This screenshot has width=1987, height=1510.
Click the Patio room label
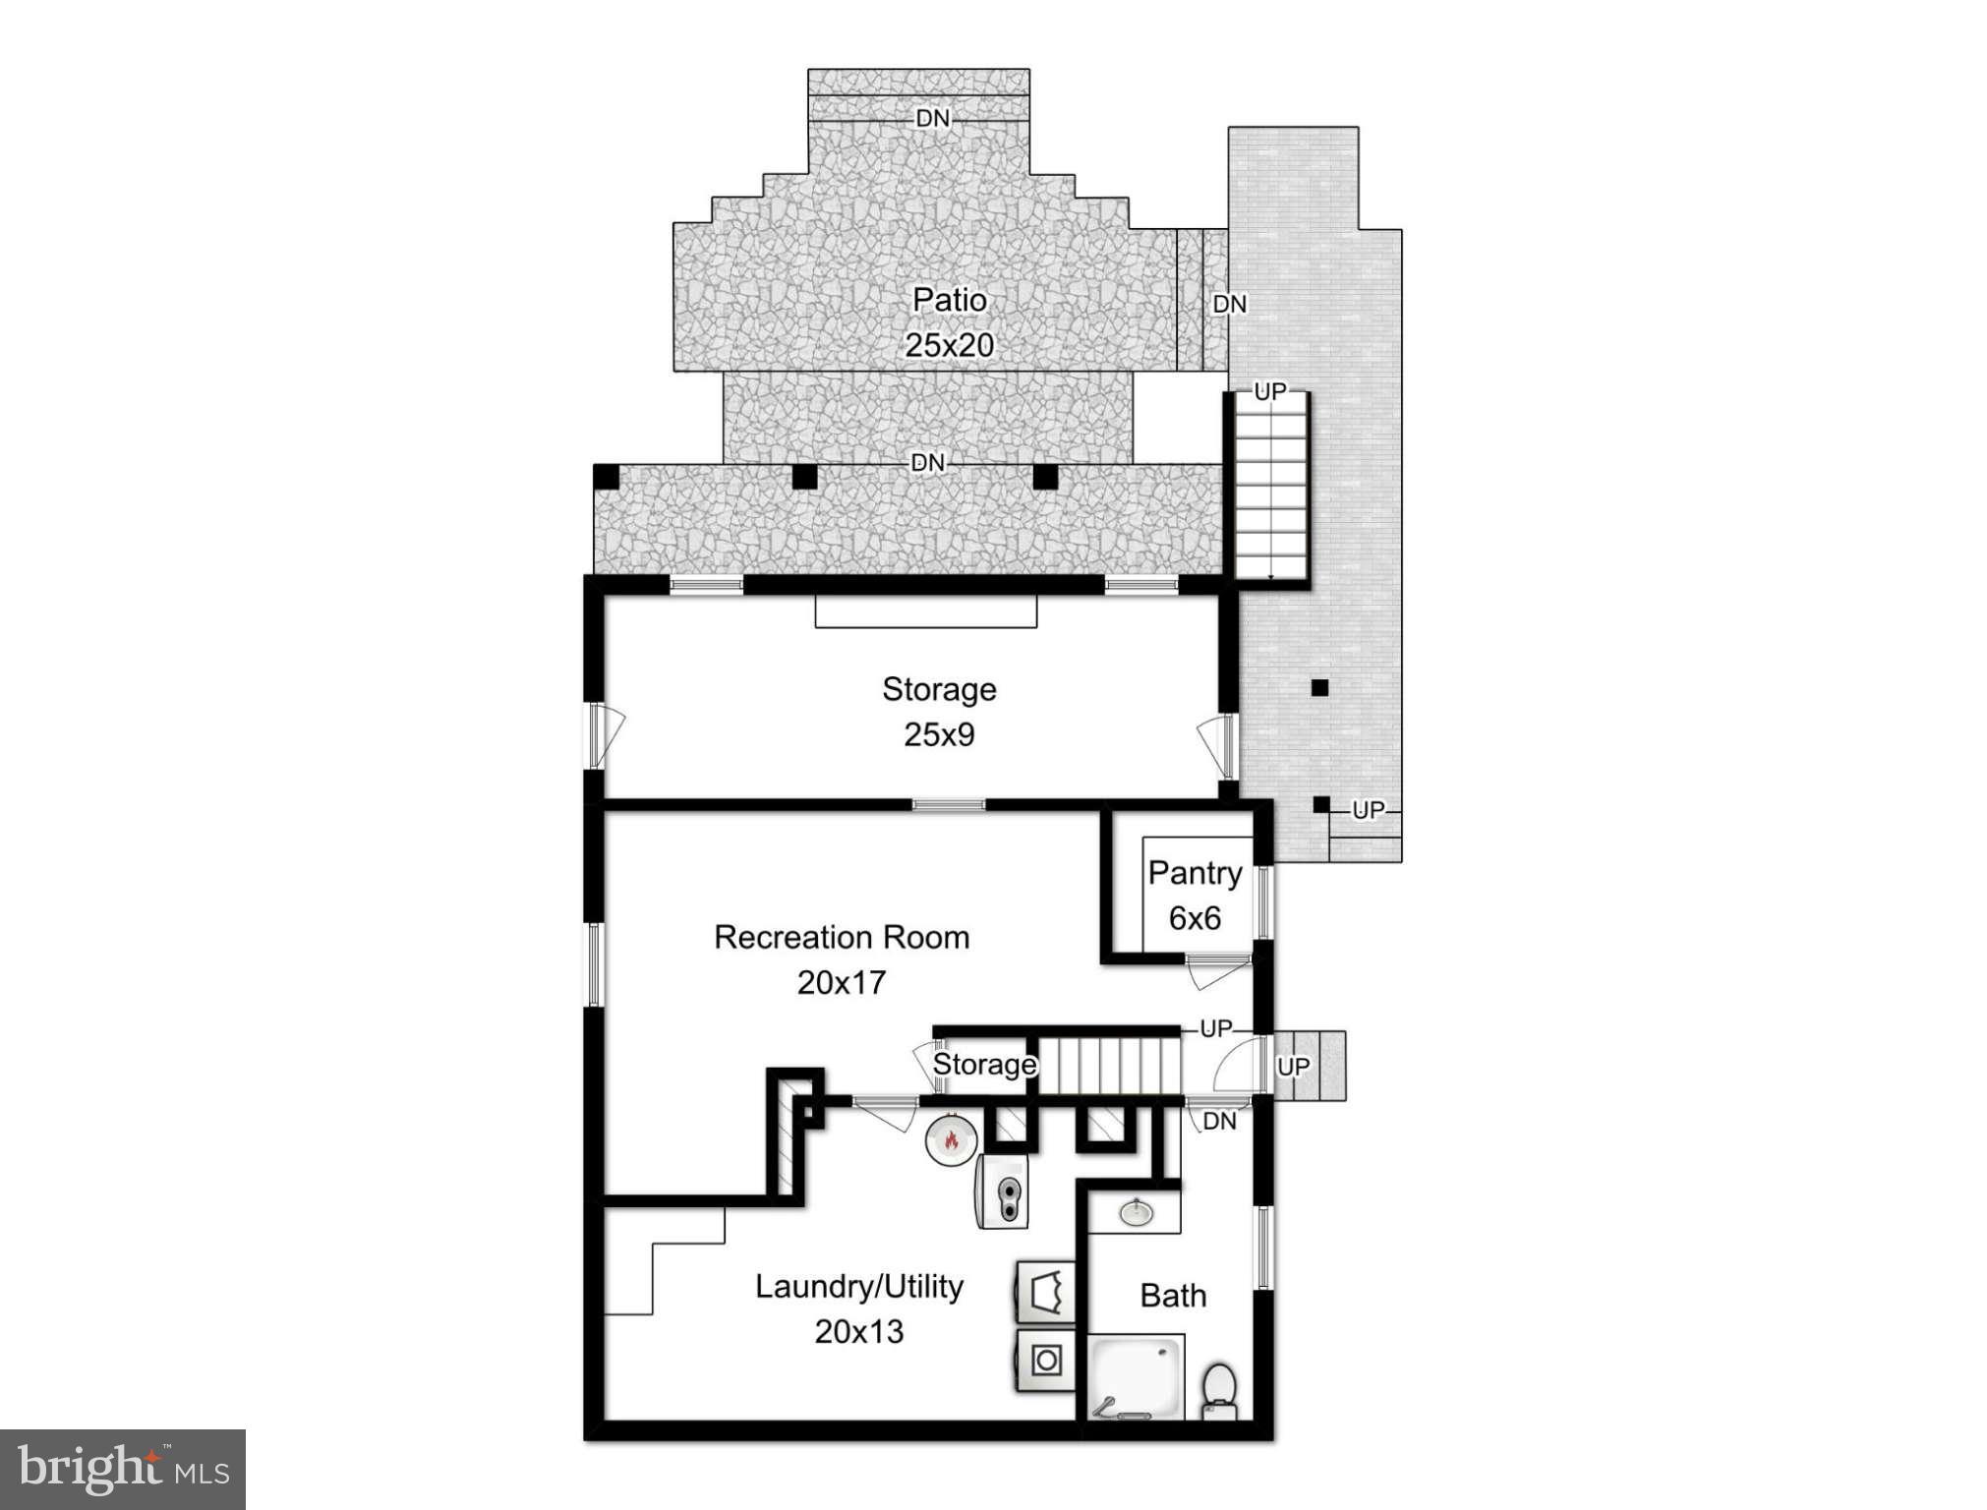pos(949,300)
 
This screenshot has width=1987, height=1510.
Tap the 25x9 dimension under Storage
pos(939,734)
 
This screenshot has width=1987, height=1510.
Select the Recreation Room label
pos(842,937)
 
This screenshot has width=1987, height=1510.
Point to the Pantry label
pos(1195,873)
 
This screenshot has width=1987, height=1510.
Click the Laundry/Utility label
pos(858,1286)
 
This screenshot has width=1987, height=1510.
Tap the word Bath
pos(1173,1296)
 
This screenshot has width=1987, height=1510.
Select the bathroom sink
pos(1136,1211)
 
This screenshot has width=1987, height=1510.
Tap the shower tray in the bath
pos(1136,1376)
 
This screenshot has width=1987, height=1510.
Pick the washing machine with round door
pos(1046,1361)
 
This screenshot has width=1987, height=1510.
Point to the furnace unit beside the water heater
pos(1003,1191)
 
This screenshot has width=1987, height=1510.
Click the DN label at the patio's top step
pos(933,119)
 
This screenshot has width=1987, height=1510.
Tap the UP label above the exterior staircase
pos(1269,392)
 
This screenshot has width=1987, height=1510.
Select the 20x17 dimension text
pos(842,982)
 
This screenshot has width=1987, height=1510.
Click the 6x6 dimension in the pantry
pos(1195,918)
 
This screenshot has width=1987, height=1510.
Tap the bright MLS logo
pos(123,1469)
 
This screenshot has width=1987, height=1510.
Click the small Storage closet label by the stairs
pos(984,1065)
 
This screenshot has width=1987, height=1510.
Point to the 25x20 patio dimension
pos(949,345)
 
